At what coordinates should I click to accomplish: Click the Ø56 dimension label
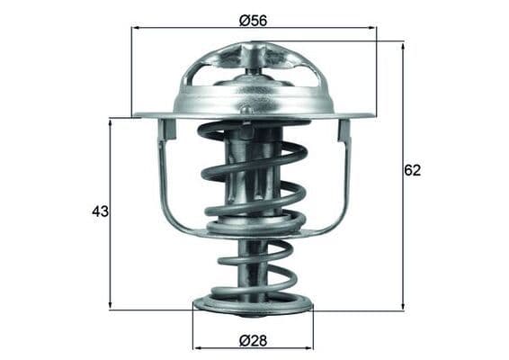tap(253, 21)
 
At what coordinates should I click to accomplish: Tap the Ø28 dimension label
tap(253, 341)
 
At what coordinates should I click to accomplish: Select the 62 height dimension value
tap(412, 171)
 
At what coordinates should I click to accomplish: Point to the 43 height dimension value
tap(101, 211)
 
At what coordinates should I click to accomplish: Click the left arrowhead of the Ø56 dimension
tap(137, 28)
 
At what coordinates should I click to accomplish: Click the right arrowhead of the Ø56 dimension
tap(371, 28)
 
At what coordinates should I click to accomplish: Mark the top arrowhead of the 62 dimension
tap(403, 46)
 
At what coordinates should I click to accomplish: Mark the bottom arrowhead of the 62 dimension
tap(403, 305)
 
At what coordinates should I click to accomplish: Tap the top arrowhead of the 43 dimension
tap(111, 124)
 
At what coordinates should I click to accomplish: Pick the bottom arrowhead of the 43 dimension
tap(111, 304)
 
